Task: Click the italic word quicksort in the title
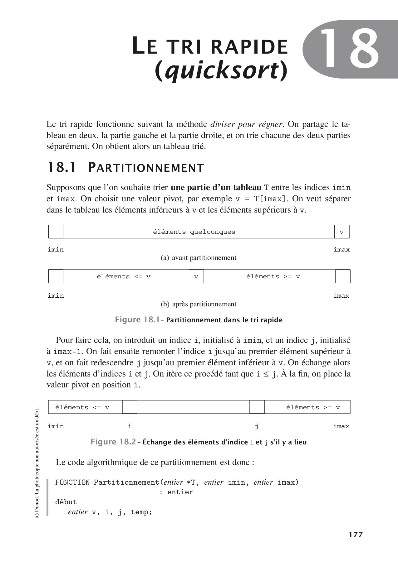point(221,70)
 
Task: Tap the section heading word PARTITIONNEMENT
point(146,168)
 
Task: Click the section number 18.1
point(61,168)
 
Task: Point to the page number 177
point(356,535)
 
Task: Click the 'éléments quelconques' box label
point(194,232)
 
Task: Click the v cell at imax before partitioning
point(341,232)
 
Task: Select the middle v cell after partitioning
point(196,276)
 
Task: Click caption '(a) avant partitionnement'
point(199,258)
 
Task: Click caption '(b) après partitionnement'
point(199,304)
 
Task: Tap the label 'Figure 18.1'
point(137,320)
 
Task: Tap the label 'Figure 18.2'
point(113,442)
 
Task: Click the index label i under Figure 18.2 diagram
point(130,426)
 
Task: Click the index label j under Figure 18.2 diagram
point(256,426)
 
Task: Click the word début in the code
point(66,502)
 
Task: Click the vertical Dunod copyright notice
point(37,461)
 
